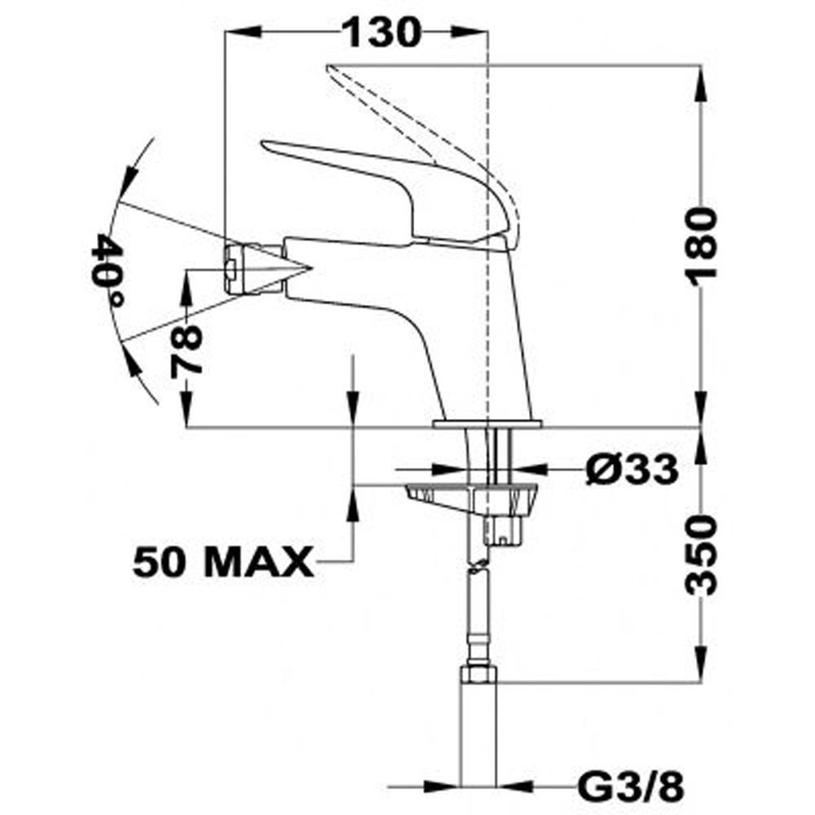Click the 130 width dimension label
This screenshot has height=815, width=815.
(x=382, y=33)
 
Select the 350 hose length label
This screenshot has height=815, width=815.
(x=702, y=554)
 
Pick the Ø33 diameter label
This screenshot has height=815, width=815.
(x=632, y=469)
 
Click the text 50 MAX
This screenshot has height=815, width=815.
(x=224, y=562)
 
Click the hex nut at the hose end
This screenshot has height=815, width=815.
(x=478, y=675)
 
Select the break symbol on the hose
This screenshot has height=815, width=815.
(x=479, y=566)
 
